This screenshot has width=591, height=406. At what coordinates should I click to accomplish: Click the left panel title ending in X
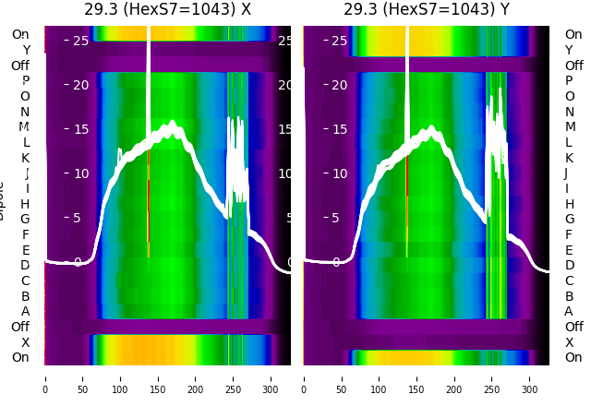[x=167, y=10]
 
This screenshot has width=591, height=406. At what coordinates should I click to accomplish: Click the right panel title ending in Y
[x=426, y=10]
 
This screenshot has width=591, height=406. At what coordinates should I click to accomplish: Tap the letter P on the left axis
[x=25, y=81]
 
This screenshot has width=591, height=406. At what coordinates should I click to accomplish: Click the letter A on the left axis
[x=25, y=312]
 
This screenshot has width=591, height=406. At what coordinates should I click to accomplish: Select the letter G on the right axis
[x=569, y=220]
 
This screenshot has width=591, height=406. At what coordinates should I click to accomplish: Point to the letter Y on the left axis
[x=25, y=50]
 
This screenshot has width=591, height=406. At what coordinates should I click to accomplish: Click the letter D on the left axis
[x=25, y=266]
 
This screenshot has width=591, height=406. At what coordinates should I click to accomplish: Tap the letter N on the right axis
[x=569, y=112]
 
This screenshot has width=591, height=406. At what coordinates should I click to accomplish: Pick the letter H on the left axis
[x=25, y=204]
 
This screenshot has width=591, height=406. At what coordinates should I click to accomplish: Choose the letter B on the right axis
[x=569, y=296]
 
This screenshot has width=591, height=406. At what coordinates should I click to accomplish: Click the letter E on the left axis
[x=25, y=250]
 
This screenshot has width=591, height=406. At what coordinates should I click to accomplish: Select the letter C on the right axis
[x=569, y=281]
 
